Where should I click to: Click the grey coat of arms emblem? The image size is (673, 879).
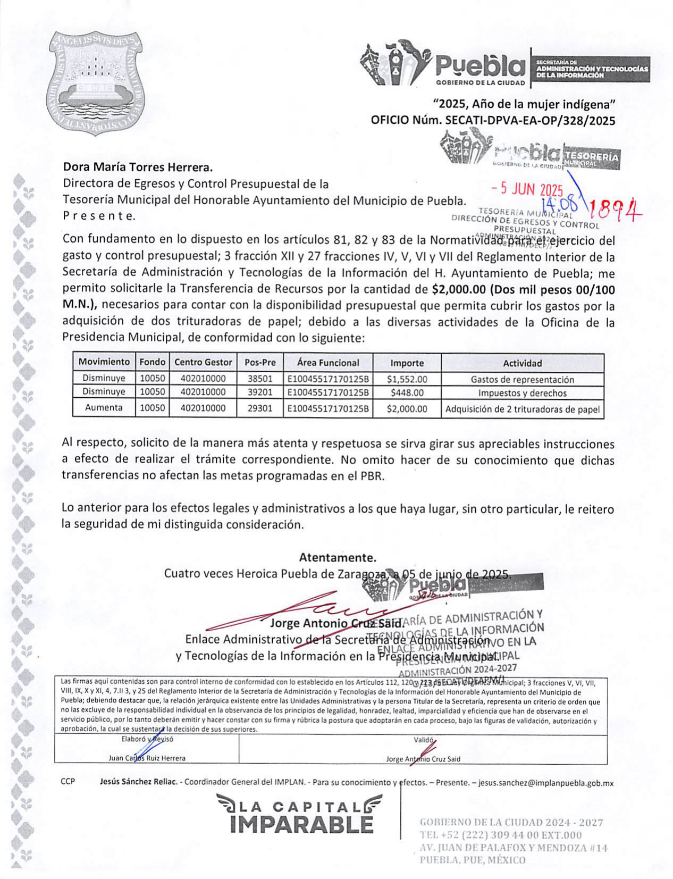point(95,82)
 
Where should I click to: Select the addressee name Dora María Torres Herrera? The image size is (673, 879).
point(138,168)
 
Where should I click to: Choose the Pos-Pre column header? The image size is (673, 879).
point(260,363)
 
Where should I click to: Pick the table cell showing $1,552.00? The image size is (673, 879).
point(407,379)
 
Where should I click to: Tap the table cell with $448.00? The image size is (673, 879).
point(407,393)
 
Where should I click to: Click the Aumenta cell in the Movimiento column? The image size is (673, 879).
point(104,408)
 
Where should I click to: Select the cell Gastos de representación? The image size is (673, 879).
point(522,380)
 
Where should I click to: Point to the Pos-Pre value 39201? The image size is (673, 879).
point(260,393)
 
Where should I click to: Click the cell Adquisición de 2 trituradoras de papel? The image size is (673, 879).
point(522,409)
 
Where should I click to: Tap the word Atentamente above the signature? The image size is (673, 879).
point(337,558)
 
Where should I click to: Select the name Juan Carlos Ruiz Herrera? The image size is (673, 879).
point(147,758)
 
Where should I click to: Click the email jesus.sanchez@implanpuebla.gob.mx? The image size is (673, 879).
point(546,783)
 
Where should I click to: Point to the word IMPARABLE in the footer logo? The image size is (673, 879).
point(302,825)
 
